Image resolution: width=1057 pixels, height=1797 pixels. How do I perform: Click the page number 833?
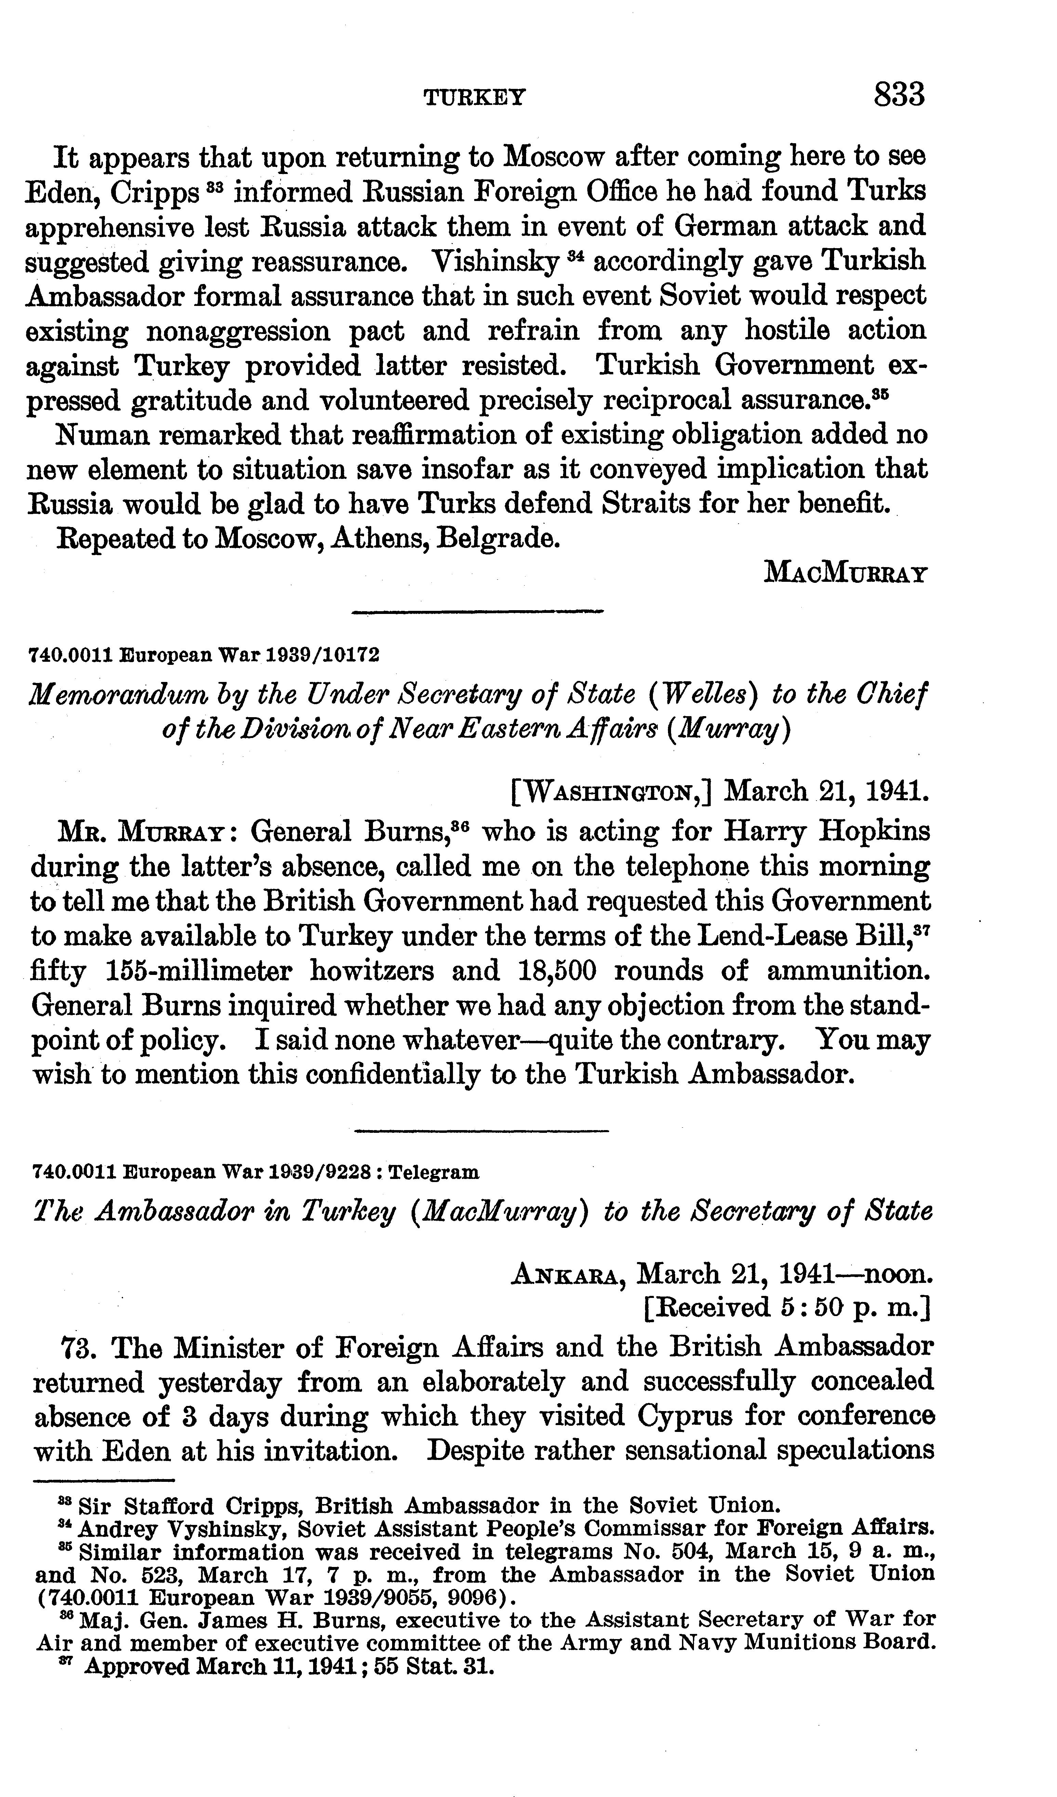point(899,94)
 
